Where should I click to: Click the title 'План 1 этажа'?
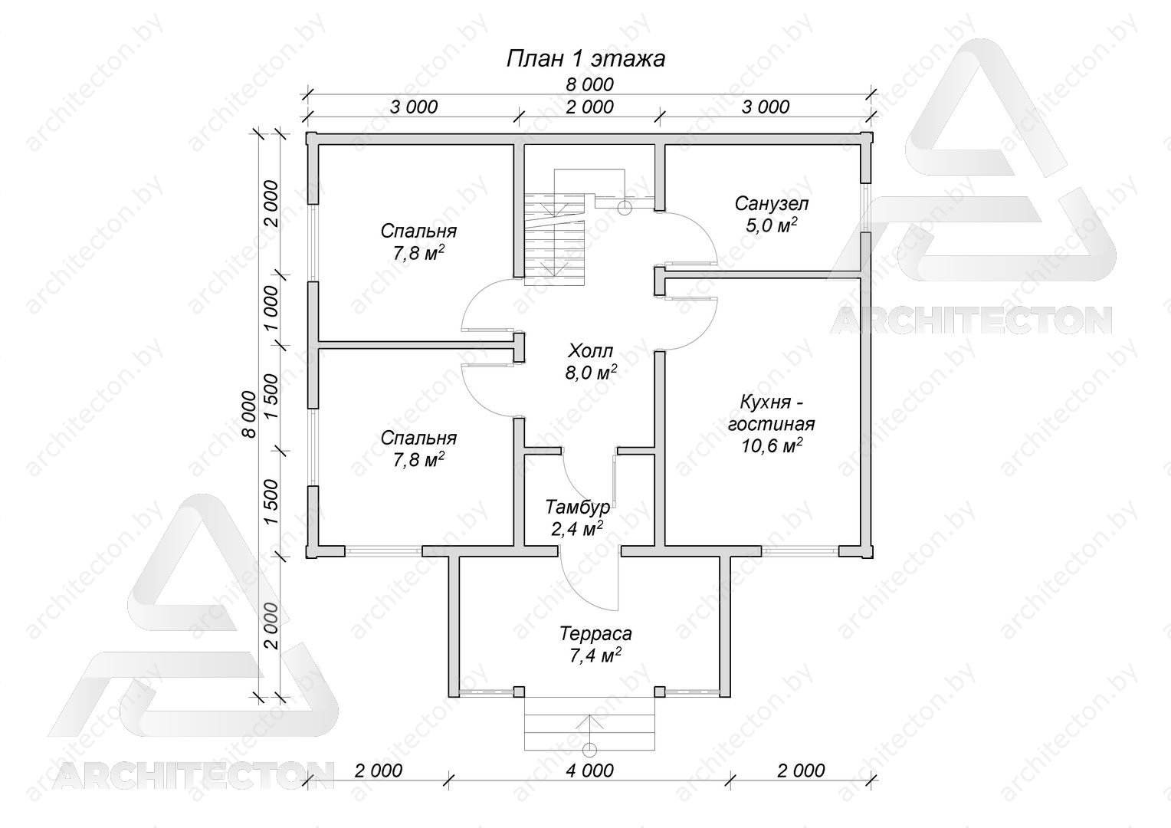pos(585,59)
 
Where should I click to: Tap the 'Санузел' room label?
pos(771,203)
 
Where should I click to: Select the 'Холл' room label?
pos(591,350)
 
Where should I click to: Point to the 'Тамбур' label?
pos(577,507)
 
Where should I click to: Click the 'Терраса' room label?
pos(595,633)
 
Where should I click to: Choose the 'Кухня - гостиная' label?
pos(772,412)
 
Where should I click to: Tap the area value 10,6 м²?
pos(772,445)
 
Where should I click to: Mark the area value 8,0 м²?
pos(591,373)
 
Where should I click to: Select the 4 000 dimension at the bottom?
pos(589,770)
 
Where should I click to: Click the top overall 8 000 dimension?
pos(589,84)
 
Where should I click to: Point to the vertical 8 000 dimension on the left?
pos(250,414)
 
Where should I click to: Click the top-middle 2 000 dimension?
pos(589,107)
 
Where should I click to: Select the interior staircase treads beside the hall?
pos(554,238)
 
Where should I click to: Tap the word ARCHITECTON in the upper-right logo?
pos(971,320)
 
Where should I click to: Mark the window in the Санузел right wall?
pos(866,208)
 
